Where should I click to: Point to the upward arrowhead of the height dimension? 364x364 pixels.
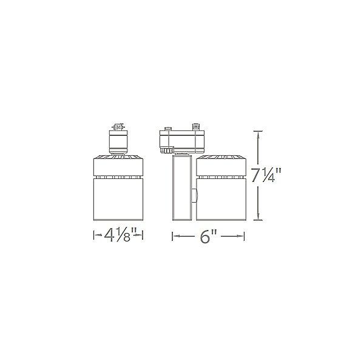(x=258, y=134)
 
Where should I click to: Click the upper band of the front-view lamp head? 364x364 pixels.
(x=118, y=166)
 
